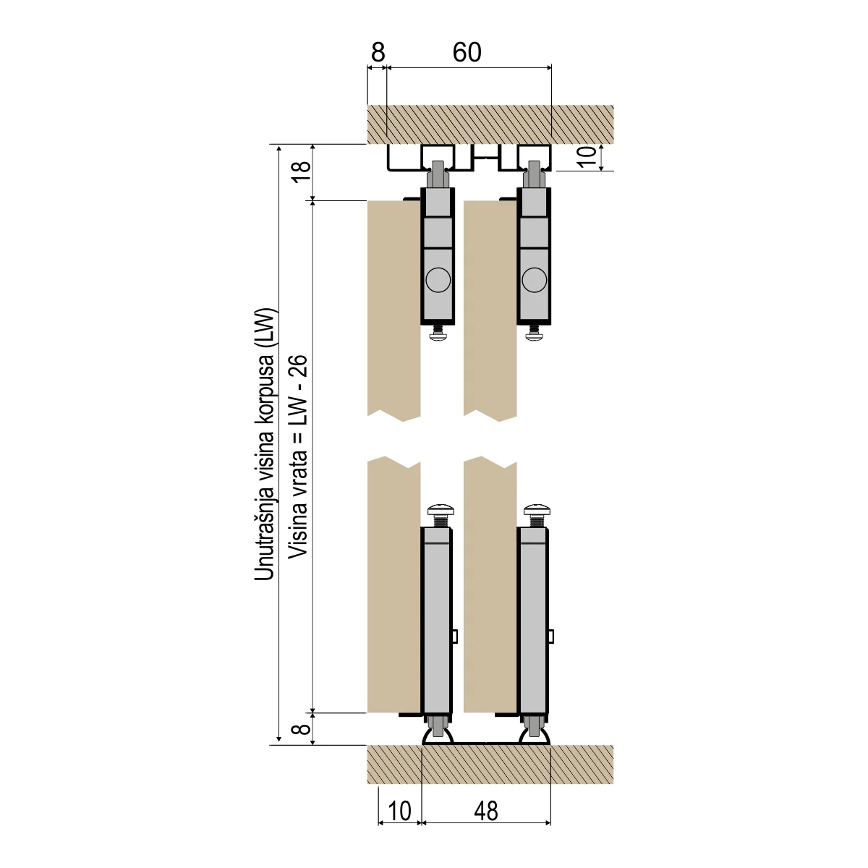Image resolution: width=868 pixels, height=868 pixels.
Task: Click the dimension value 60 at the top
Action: click(467, 52)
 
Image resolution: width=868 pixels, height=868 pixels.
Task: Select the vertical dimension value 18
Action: click(302, 171)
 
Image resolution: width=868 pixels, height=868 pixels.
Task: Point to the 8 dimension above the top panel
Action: click(378, 52)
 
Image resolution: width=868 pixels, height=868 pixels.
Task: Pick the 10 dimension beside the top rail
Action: click(587, 157)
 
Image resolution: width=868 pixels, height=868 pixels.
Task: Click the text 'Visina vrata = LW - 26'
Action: click(298, 456)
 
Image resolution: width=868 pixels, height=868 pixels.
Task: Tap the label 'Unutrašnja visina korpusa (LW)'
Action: click(265, 445)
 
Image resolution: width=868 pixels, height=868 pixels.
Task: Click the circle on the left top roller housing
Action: click(438, 280)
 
